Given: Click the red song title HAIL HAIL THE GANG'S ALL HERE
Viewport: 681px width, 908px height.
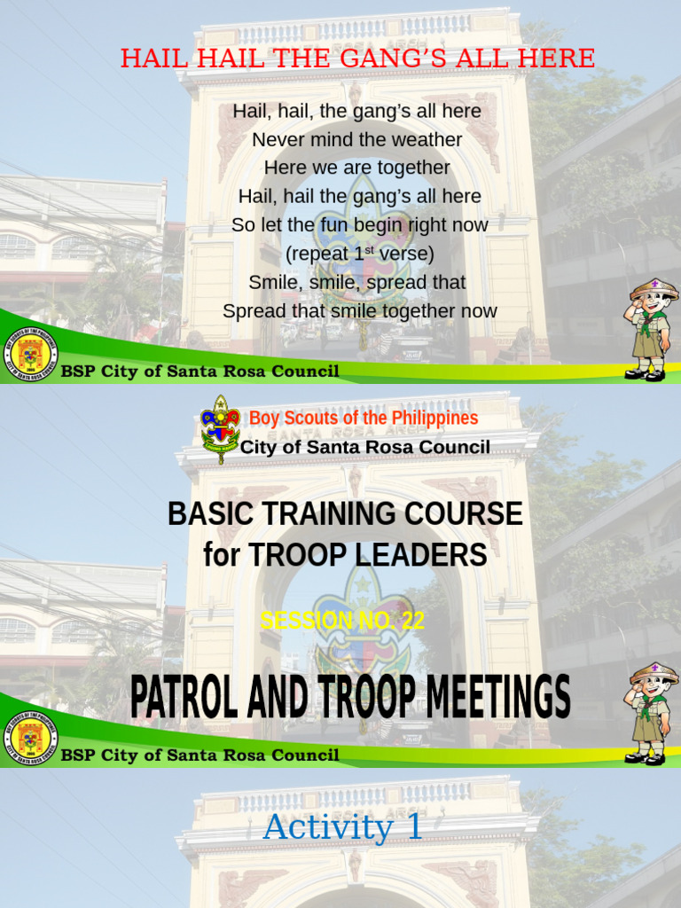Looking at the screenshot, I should (357, 59).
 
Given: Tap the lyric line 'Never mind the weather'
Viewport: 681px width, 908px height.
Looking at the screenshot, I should (356, 139).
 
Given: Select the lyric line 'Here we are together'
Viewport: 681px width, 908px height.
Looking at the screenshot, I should (356, 168).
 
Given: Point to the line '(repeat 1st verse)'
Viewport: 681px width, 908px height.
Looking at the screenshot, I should (359, 254).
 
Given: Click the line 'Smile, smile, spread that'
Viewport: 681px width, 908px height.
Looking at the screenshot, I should (356, 282).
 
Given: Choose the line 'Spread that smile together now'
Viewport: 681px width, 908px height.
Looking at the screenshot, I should (359, 311).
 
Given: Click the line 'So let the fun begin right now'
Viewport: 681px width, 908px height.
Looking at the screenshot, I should (359, 225).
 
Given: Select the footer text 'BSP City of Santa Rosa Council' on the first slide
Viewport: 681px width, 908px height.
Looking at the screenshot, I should (200, 372).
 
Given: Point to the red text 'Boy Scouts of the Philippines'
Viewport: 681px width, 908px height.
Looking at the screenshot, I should (363, 418).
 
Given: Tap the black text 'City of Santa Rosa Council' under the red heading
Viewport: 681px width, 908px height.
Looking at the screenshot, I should (364, 447).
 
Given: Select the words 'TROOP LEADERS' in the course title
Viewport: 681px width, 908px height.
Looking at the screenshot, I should (367, 555).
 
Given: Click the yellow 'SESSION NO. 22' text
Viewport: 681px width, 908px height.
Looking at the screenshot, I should (341, 622).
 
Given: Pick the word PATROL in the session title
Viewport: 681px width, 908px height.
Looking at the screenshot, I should (184, 697).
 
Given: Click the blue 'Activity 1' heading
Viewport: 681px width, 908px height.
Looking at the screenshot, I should (342, 827).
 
